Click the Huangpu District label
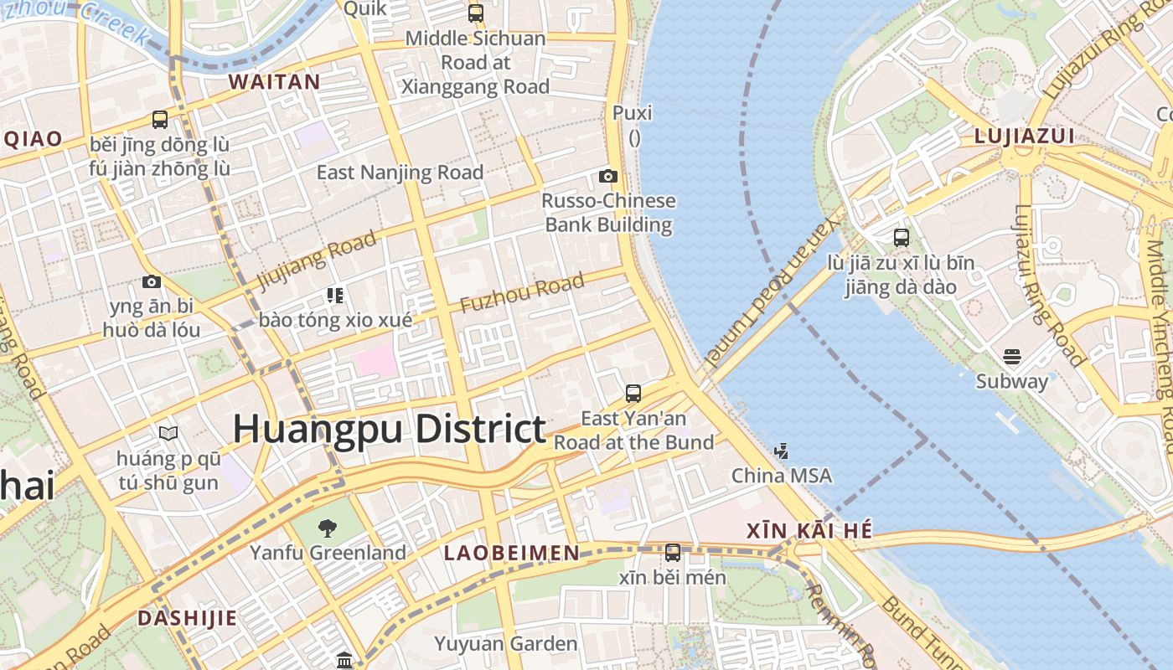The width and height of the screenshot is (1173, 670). pyautogui.click(x=390, y=429)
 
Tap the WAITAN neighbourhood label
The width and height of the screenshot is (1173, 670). pyautogui.click(x=274, y=82)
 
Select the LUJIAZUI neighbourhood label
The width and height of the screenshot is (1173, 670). pyautogui.click(x=1025, y=137)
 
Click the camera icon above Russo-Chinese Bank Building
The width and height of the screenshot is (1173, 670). pyautogui.click(x=608, y=176)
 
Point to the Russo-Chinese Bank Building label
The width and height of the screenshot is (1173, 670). pyautogui.click(x=608, y=213)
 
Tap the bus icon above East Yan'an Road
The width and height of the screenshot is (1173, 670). pyautogui.click(x=633, y=393)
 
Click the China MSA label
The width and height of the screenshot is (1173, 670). pyautogui.click(x=782, y=476)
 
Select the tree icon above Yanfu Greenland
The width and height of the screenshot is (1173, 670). pyautogui.click(x=328, y=528)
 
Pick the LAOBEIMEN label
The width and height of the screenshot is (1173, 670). pyautogui.click(x=511, y=553)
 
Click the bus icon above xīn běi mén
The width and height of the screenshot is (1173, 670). pyautogui.click(x=673, y=552)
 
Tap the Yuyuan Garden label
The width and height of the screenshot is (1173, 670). pyautogui.click(x=505, y=643)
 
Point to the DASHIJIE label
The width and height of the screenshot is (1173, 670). pyautogui.click(x=187, y=618)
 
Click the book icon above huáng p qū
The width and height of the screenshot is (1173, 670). pyautogui.click(x=168, y=433)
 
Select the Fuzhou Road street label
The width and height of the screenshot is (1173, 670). pyautogui.click(x=522, y=293)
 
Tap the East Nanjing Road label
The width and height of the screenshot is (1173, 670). pyautogui.click(x=400, y=173)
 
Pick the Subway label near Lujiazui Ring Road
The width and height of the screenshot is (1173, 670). pyautogui.click(x=1011, y=381)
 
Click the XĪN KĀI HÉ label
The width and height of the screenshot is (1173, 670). pyautogui.click(x=809, y=530)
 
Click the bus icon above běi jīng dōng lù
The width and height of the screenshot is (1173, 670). pyautogui.click(x=160, y=119)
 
